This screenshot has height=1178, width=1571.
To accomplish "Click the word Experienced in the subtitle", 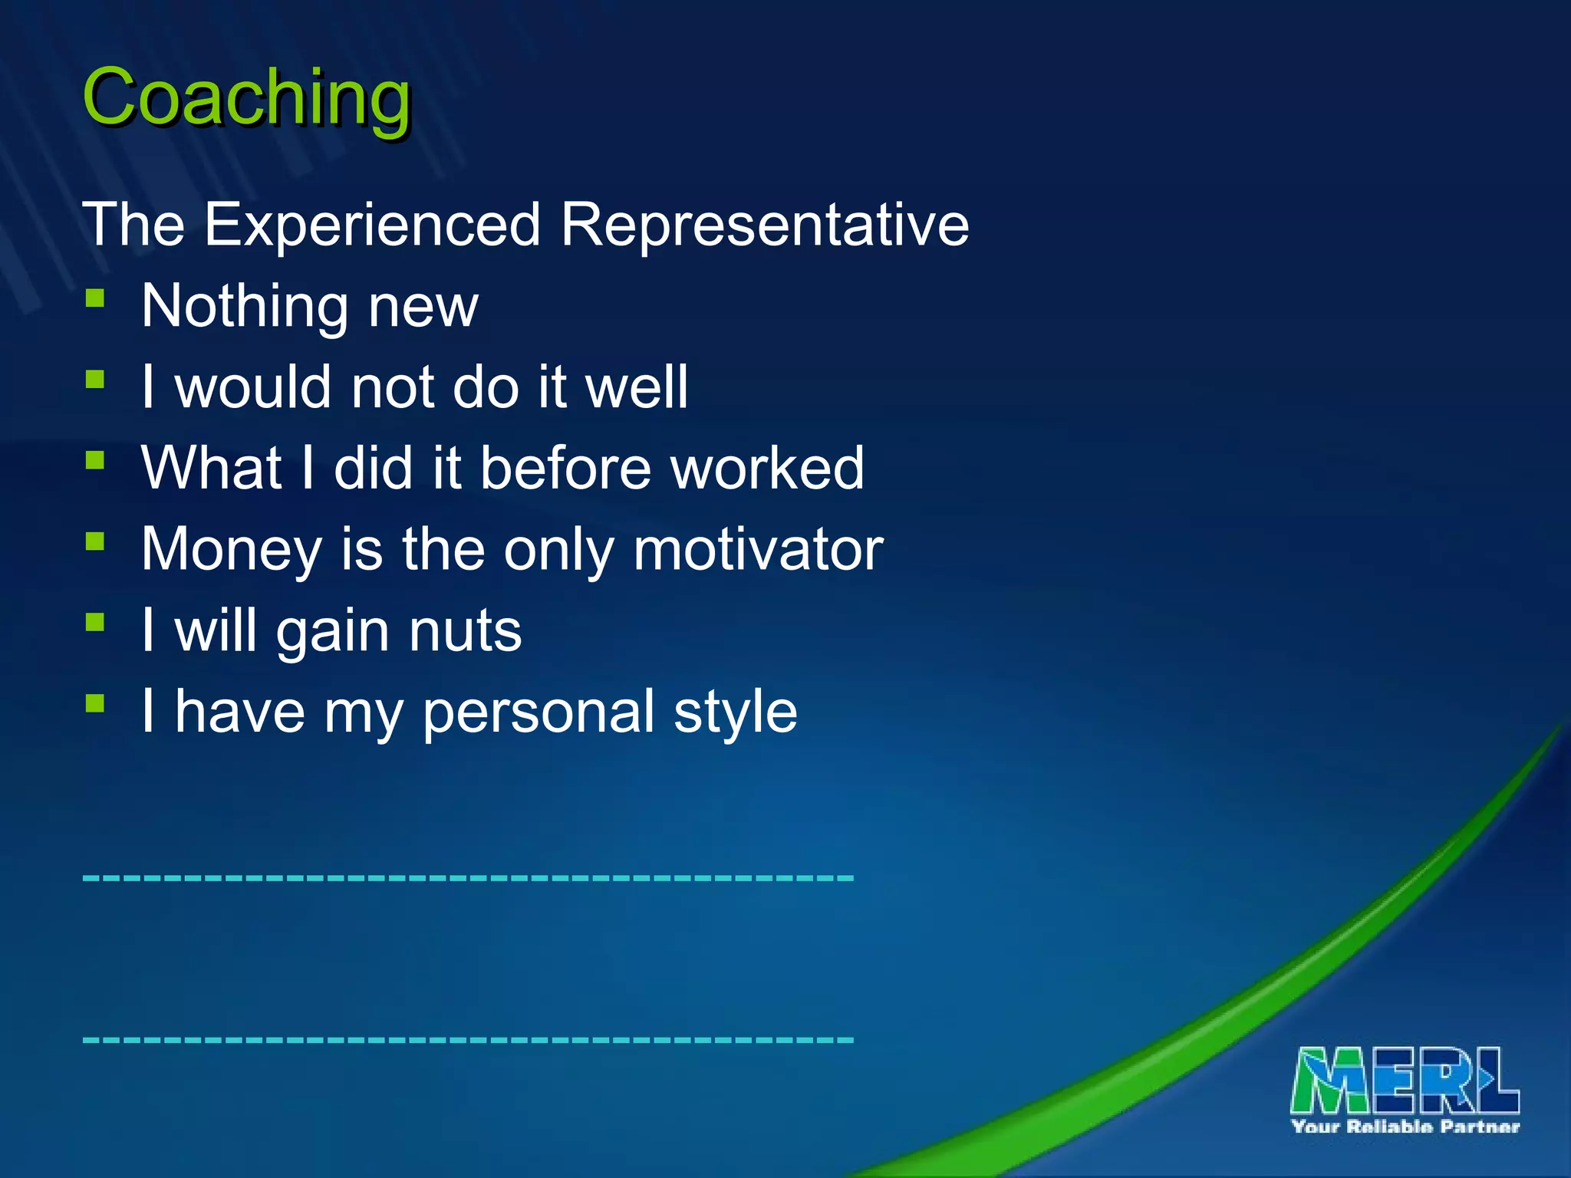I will [372, 225].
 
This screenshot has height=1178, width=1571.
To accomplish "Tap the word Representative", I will [765, 225].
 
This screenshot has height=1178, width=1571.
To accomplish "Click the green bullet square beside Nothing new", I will [95, 298].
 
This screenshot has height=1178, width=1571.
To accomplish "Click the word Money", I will [232, 551].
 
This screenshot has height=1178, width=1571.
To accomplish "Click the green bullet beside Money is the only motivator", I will [95, 541].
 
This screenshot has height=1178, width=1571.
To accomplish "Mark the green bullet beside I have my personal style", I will [95, 703].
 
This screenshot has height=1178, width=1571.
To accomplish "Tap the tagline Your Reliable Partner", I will [1405, 1127].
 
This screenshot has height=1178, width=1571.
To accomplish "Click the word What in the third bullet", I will [211, 469].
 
